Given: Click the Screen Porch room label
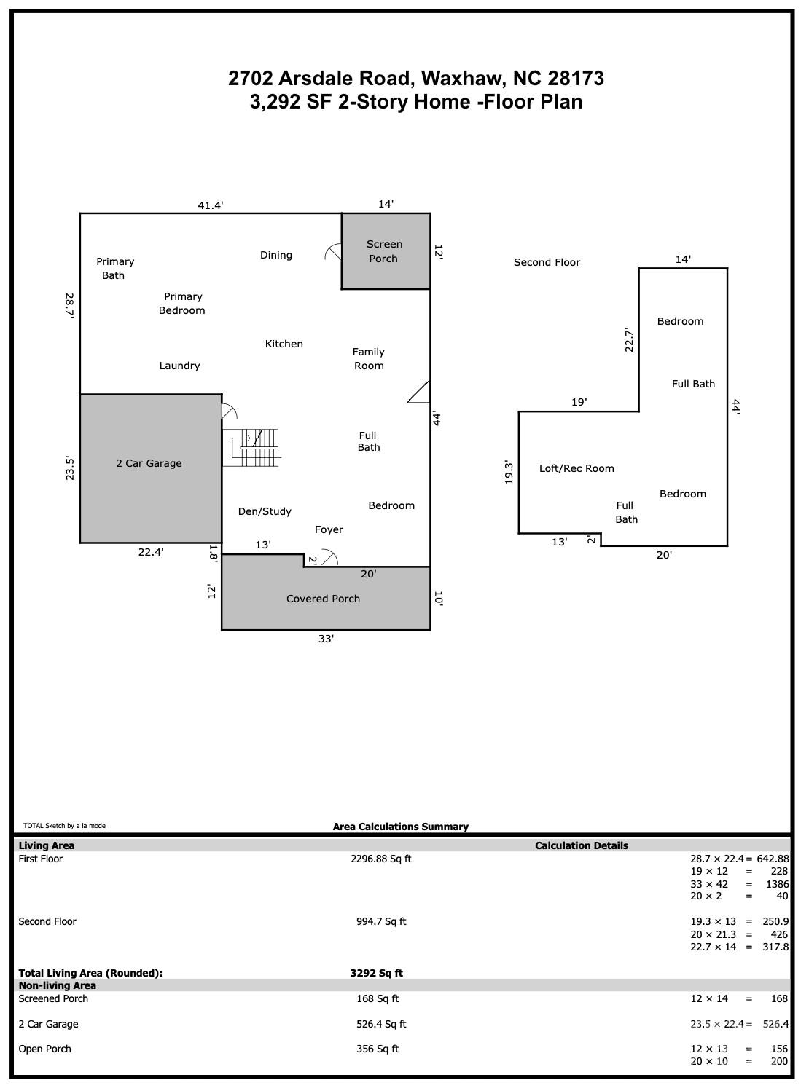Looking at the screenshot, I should click(x=384, y=251).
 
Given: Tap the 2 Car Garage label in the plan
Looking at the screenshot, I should click(x=149, y=463).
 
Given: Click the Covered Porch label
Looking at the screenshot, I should click(x=323, y=599).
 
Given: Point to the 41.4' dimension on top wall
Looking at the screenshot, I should click(x=211, y=205).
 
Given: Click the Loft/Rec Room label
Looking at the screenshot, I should click(x=577, y=468).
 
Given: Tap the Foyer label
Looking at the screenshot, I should click(x=329, y=529).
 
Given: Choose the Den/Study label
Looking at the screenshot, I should click(x=265, y=511).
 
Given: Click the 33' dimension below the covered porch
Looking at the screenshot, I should click(x=326, y=639).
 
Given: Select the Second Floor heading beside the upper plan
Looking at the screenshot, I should click(x=547, y=262).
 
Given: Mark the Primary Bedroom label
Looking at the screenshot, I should click(x=182, y=303).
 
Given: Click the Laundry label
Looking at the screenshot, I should click(x=179, y=366).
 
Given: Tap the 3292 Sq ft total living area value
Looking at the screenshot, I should click(x=376, y=973).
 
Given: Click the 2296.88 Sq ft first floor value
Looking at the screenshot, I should click(x=380, y=859).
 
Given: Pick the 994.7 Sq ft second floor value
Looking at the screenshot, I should click(x=380, y=921).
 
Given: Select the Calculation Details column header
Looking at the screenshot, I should click(x=581, y=845).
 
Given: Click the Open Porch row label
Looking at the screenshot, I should click(x=44, y=1049).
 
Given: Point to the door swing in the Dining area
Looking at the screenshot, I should click(x=333, y=251).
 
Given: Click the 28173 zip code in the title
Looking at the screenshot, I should click(x=576, y=78).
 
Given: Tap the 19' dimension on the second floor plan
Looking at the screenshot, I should click(x=579, y=402).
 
